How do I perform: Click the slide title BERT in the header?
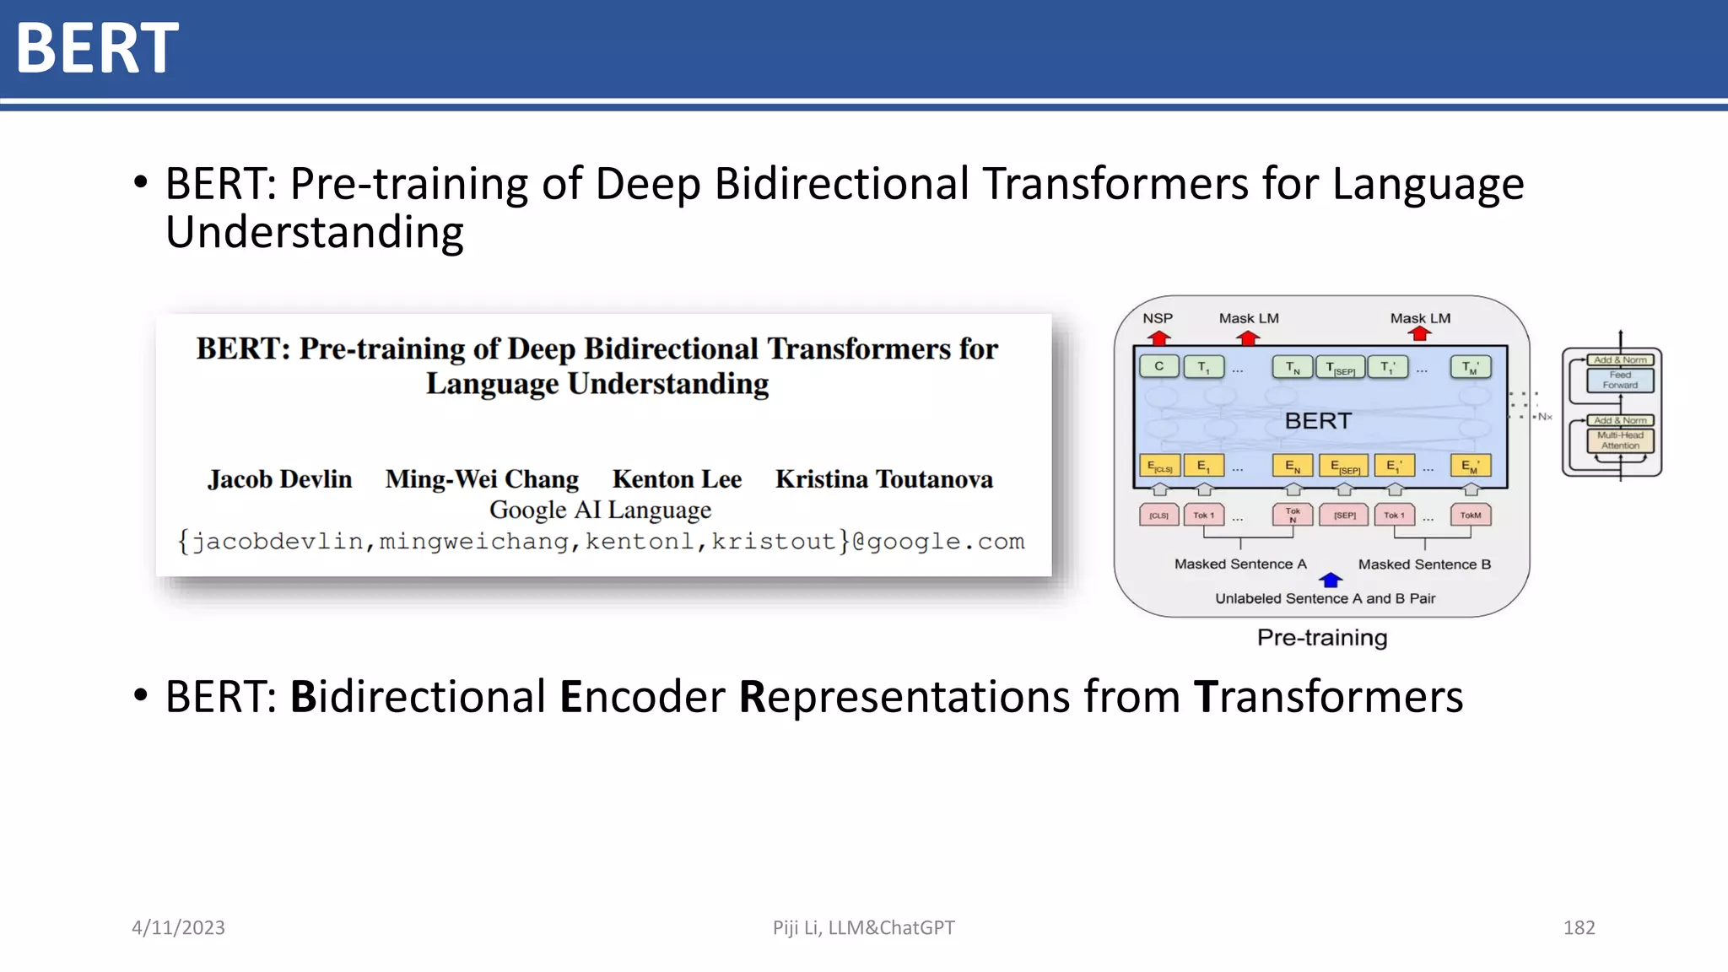click(x=97, y=48)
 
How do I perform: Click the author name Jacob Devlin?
click(x=279, y=479)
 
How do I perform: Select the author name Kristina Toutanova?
click(x=883, y=479)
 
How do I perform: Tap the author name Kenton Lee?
click(x=677, y=479)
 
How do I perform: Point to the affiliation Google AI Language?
click(x=600, y=510)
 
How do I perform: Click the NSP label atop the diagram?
click(x=1158, y=318)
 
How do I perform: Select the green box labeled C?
click(x=1159, y=366)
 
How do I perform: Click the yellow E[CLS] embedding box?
click(x=1159, y=466)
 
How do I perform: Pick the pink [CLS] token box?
click(x=1159, y=515)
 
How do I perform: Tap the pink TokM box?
click(x=1470, y=515)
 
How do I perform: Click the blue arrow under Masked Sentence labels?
click(x=1331, y=580)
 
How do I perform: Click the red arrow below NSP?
click(x=1159, y=337)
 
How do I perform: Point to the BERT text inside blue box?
click(x=1317, y=420)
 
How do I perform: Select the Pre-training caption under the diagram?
click(x=1321, y=637)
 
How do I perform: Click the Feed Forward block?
click(x=1620, y=380)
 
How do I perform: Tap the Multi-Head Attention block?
click(x=1620, y=440)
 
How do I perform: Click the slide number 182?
click(x=1579, y=927)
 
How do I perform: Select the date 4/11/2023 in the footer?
click(x=178, y=927)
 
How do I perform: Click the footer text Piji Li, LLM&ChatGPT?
click(x=863, y=927)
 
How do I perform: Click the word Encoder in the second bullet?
click(x=641, y=697)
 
